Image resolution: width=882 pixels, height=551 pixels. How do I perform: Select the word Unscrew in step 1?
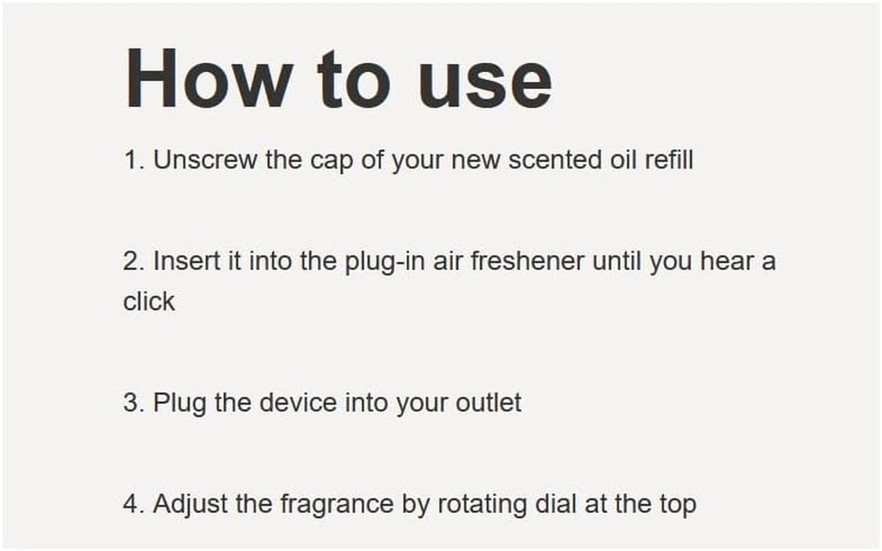pos(206,160)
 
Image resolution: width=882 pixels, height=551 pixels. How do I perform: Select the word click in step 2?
pos(149,301)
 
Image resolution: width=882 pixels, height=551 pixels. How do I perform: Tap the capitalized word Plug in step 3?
pos(180,404)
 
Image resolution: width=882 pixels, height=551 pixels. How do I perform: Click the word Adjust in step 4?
pos(187,505)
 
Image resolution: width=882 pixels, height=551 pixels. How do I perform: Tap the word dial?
pos(554,504)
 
